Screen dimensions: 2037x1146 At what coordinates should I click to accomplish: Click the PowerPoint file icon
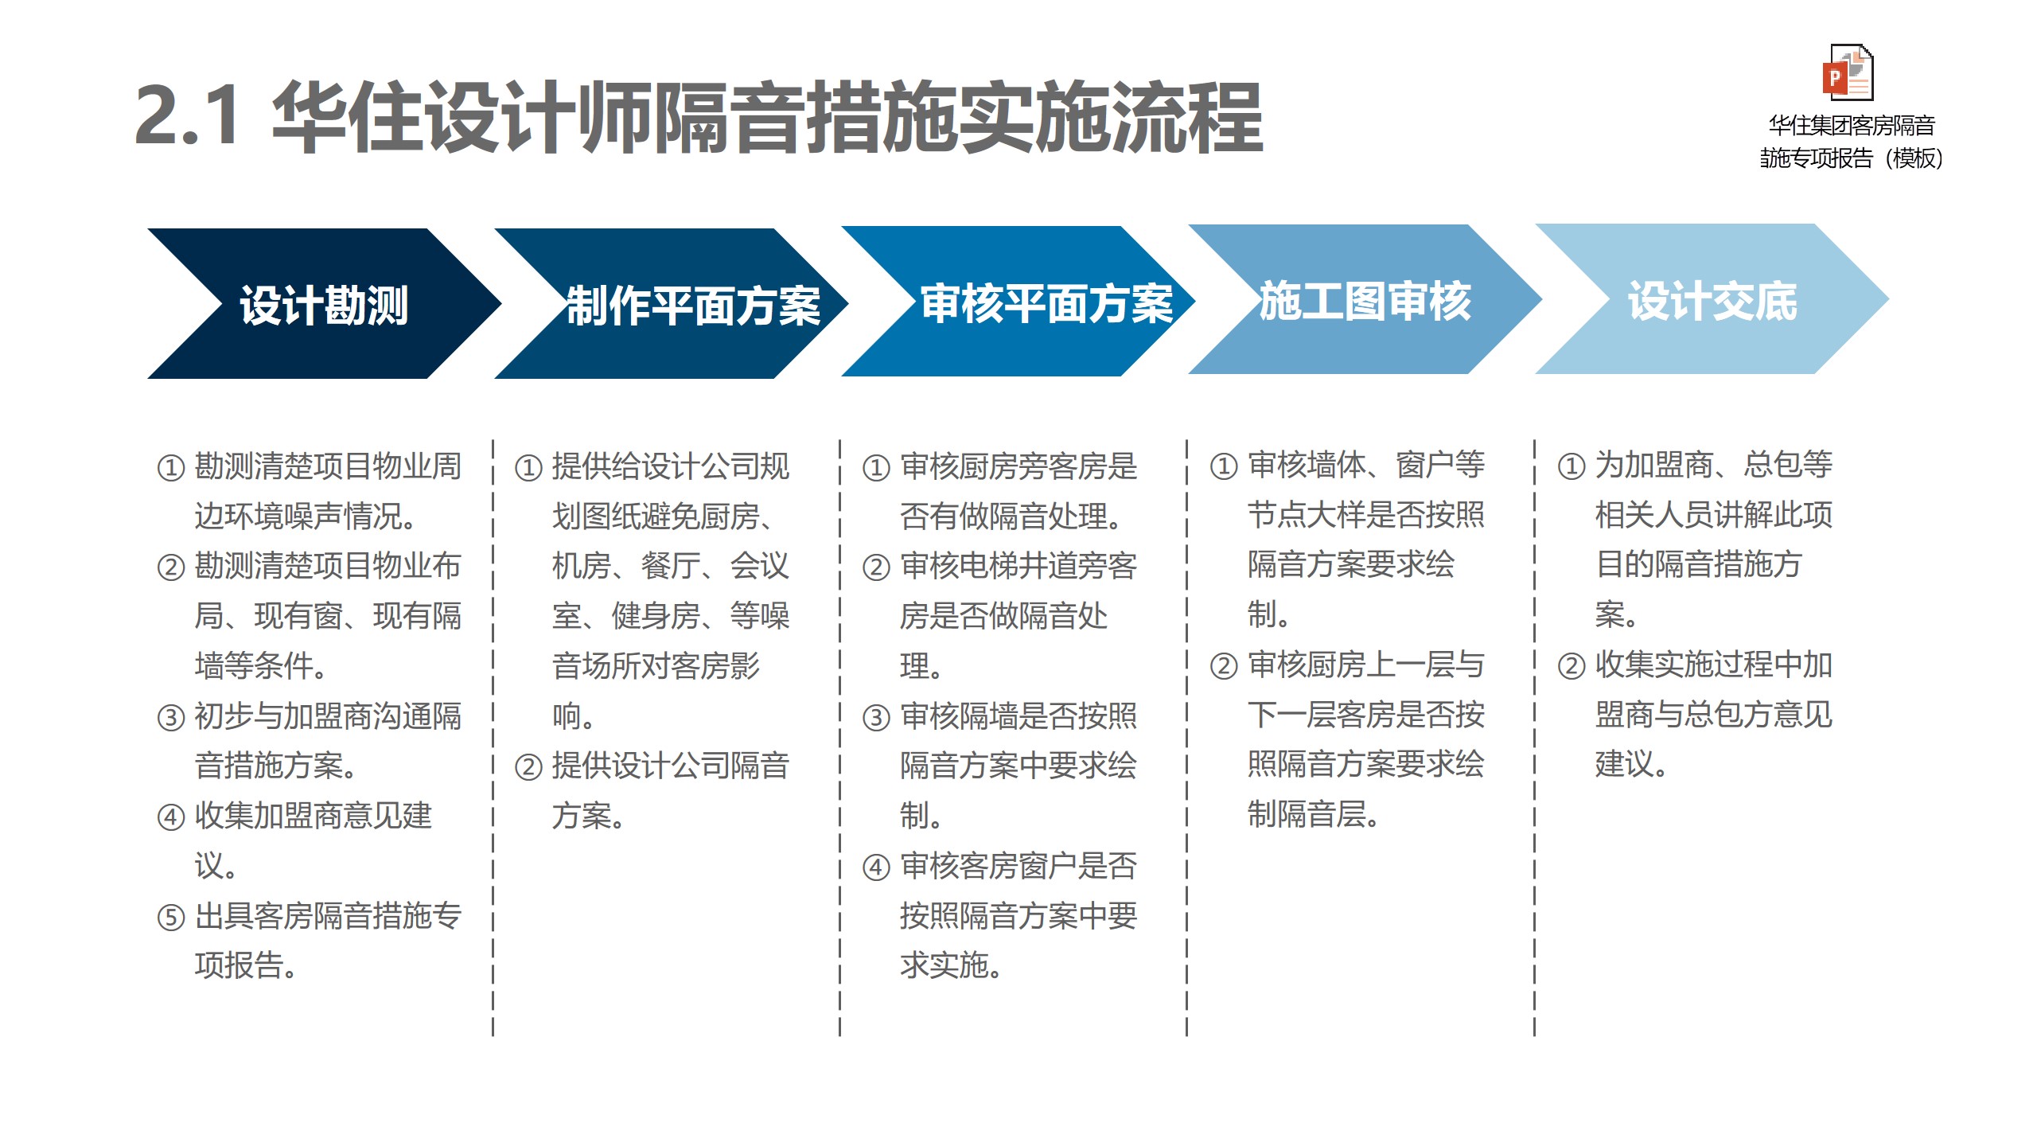pos(1848,72)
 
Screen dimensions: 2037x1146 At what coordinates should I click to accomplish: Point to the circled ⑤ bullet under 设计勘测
pos(171,918)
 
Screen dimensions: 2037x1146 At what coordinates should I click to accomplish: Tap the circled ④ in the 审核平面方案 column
pos(876,867)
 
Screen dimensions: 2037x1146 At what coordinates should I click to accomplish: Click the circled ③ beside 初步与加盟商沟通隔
pos(171,718)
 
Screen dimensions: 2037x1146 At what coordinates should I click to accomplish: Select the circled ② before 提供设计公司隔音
pos(528,768)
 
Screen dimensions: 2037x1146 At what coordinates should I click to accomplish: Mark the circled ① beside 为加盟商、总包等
pos(1572,466)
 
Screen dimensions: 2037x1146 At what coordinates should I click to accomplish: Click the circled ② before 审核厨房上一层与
pos(1224,666)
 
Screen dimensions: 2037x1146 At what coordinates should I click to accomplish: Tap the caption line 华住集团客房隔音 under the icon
pos(1852,126)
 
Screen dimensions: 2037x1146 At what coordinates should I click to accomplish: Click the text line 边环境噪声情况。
pos(306,516)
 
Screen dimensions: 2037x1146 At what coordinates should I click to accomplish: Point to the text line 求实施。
pos(951,965)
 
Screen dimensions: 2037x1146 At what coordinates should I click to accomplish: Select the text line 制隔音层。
pos(1313,814)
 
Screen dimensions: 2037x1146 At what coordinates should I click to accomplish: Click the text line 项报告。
pos(246,965)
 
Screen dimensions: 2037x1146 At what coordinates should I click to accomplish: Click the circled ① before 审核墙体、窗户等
pos(1224,466)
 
